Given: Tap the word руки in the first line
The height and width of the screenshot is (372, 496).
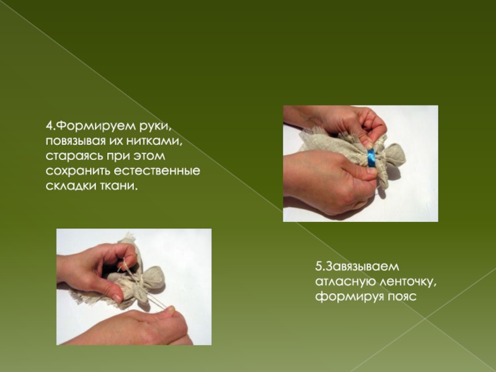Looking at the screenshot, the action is (156, 126).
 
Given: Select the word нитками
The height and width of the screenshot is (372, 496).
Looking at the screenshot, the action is (154, 141).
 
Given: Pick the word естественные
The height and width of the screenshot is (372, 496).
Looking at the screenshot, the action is (157, 171).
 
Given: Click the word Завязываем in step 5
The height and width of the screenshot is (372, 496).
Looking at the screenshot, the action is (363, 267).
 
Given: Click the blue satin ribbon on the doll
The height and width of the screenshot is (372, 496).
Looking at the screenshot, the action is (371, 158).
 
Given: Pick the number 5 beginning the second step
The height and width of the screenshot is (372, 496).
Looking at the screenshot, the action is (319, 267).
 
